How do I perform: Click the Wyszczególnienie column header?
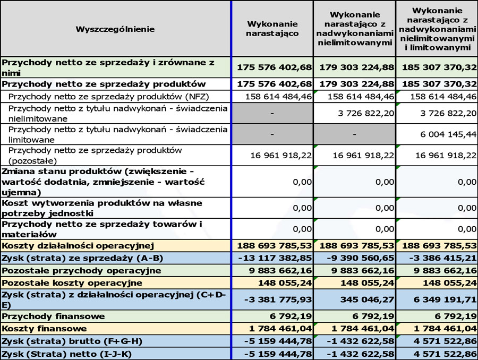[115, 29]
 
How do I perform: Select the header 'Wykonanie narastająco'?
[272, 29]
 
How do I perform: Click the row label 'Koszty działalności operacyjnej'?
[78, 245]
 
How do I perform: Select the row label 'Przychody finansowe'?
[54, 316]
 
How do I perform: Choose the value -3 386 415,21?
[439, 259]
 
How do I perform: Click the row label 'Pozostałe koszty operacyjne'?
[72, 282]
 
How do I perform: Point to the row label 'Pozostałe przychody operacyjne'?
[81, 271]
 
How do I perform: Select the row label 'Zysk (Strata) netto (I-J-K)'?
[67, 354]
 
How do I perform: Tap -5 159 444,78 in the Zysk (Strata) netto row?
[277, 354]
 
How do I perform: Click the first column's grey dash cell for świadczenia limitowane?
[272, 134]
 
